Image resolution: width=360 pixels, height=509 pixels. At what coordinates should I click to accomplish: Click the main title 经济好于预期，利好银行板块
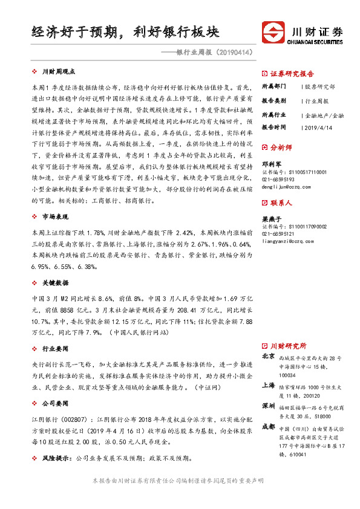[125, 31]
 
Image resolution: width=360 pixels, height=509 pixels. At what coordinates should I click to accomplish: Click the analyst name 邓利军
[270, 163]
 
